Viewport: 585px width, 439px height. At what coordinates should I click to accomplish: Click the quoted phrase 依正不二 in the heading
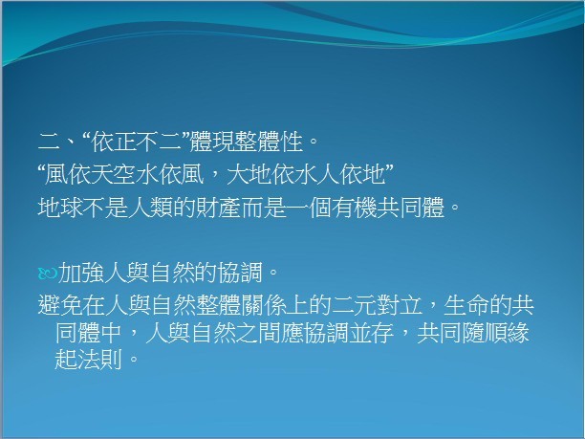137,143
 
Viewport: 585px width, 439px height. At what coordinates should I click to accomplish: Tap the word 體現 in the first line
212,143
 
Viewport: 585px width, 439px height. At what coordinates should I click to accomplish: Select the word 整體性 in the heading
269,143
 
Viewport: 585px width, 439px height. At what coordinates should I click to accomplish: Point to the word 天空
112,174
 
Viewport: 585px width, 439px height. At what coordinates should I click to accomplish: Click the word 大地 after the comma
249,174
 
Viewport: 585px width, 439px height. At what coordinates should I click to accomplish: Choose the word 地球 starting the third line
60,208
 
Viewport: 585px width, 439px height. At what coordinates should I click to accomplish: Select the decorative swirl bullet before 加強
48,274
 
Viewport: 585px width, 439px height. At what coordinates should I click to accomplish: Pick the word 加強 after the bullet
80,273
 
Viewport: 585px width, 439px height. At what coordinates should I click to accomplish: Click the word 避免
60,305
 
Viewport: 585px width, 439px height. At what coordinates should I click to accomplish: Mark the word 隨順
485,333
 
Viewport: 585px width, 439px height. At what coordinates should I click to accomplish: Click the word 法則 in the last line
99,360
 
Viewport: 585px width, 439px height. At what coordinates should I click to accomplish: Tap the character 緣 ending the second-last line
519,333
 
